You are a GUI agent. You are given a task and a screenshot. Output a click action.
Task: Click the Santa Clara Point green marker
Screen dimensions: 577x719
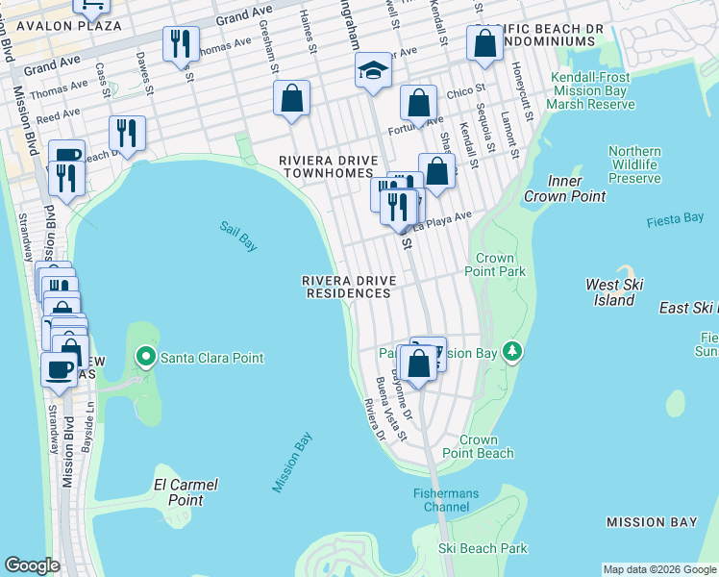pyautogui.click(x=146, y=358)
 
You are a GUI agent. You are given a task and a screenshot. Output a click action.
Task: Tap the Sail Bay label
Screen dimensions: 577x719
pyautogui.click(x=237, y=236)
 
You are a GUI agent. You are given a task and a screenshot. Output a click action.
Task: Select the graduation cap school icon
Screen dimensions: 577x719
pyautogui.click(x=373, y=70)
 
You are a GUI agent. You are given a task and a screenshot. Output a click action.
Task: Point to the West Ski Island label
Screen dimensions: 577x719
pyautogui.click(x=613, y=292)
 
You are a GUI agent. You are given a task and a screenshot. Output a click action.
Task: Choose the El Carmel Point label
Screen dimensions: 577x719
pyautogui.click(x=186, y=491)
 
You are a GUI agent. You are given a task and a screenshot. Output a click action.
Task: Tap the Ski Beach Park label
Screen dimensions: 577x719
pyautogui.click(x=483, y=548)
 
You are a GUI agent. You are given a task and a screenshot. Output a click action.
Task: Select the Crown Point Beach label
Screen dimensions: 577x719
pyautogui.click(x=478, y=446)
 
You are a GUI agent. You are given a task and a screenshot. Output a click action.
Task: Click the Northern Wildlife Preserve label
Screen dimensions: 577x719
pyautogui.click(x=634, y=164)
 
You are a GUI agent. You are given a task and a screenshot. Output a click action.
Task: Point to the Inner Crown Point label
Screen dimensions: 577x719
pyautogui.click(x=564, y=189)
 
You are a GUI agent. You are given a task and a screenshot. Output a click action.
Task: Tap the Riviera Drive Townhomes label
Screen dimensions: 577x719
pyautogui.click(x=325, y=166)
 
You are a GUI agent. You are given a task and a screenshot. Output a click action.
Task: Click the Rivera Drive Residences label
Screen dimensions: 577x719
pyautogui.click(x=348, y=287)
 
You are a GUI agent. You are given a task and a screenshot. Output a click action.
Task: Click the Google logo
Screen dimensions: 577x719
pyautogui.click(x=32, y=566)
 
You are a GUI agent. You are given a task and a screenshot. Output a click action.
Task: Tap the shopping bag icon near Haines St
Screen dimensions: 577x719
pyautogui.click(x=291, y=98)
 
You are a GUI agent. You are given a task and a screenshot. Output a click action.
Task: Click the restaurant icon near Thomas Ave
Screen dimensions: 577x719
pyautogui.click(x=180, y=43)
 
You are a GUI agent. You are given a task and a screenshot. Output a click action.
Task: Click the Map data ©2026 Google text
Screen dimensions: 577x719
pyautogui.click(x=658, y=569)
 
